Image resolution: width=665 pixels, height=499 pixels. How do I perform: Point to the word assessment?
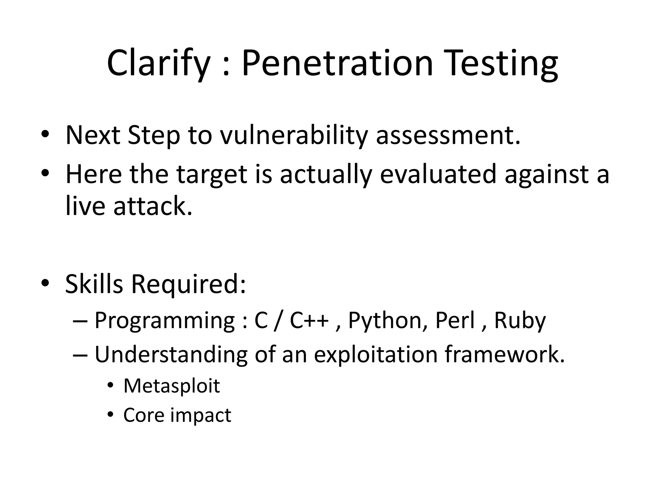(448, 135)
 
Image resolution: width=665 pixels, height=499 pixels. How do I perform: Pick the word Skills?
(94, 284)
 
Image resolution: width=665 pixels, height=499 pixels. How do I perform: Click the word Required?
(188, 284)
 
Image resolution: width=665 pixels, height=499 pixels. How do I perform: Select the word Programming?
(165, 321)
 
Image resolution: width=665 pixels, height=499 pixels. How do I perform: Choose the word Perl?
(455, 321)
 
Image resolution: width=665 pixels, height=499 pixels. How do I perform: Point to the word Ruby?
(520, 321)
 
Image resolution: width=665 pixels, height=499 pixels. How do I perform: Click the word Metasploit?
(172, 386)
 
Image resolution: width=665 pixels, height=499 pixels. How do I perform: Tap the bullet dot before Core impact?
(111, 415)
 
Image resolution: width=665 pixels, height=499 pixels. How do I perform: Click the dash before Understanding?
(80, 355)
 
